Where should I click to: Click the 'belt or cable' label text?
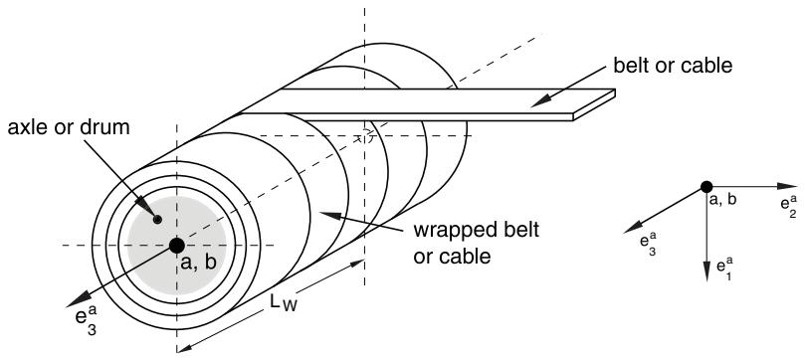(x=673, y=67)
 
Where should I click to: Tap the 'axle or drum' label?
(x=69, y=127)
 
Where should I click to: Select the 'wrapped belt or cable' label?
(x=476, y=242)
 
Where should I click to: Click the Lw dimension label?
(x=284, y=303)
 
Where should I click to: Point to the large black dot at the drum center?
(x=176, y=245)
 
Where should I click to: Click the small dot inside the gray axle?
(x=157, y=220)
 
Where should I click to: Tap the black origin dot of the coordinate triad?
(x=706, y=187)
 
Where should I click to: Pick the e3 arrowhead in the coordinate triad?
(x=633, y=228)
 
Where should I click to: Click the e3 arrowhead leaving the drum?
(x=78, y=299)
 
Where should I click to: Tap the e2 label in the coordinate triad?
(x=788, y=207)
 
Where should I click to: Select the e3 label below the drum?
(x=86, y=321)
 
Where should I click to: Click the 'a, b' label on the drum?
(x=199, y=263)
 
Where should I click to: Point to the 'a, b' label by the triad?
(x=722, y=200)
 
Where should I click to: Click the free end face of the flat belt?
(x=594, y=105)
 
